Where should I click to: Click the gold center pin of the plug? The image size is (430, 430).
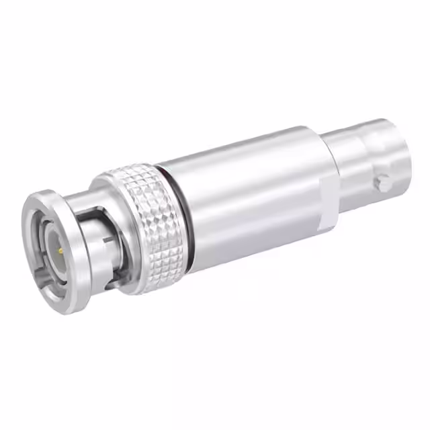coord(60,251)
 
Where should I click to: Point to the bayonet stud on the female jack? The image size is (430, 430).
coord(383,182)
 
